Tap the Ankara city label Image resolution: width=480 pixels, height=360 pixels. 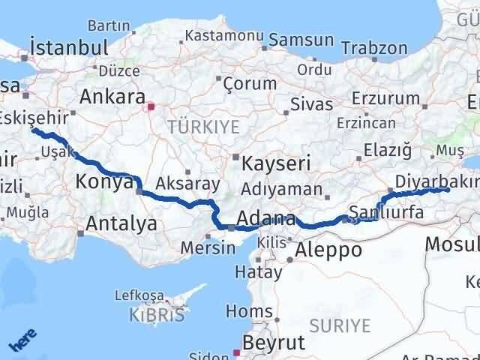(112, 97)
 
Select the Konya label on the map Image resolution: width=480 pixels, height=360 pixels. (105, 181)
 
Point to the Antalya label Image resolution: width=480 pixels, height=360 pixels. (121, 223)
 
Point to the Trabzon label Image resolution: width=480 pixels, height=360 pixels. (374, 48)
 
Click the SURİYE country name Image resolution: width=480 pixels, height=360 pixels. (340, 325)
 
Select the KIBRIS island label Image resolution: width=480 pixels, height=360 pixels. (157, 315)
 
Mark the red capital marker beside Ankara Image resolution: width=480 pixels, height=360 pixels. (151, 106)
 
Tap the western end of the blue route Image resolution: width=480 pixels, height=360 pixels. (33, 130)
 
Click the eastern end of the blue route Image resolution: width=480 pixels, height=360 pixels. (447, 190)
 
